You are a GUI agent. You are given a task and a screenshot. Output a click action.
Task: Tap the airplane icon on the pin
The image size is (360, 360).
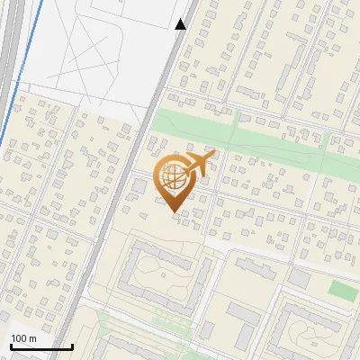point(199,164)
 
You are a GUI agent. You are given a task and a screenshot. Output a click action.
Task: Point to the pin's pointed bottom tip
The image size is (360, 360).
point(173,211)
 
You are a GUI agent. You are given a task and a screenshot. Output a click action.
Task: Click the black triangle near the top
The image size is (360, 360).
point(181,24)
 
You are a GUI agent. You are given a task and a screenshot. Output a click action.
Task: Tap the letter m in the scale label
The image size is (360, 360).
point(32,338)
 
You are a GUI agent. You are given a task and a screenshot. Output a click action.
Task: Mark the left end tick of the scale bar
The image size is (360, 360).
point(11,346)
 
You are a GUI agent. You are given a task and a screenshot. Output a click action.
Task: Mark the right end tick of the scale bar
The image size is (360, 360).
point(72,346)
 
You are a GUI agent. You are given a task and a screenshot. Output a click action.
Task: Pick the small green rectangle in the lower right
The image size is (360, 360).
point(341,290)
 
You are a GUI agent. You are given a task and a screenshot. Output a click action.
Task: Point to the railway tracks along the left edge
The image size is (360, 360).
point(9,54)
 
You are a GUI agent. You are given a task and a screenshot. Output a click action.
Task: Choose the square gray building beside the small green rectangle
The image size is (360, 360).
point(299,280)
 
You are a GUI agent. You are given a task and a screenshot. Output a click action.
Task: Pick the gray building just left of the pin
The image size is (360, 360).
point(139,185)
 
